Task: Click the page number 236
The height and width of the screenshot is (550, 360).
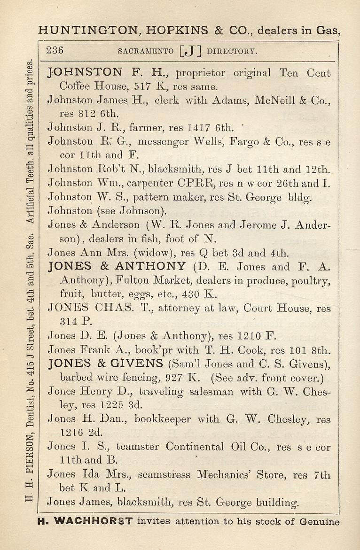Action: click(55, 50)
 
